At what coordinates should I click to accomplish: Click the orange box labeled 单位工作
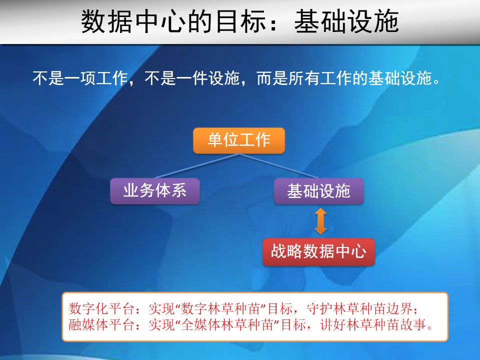pyautogui.click(x=239, y=140)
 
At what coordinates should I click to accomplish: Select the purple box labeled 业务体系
pyautogui.click(x=155, y=191)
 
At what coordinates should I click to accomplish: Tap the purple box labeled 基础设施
pyautogui.click(x=318, y=191)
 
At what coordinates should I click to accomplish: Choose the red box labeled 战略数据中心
pyautogui.click(x=318, y=251)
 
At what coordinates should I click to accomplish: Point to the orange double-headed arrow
pyautogui.click(x=320, y=221)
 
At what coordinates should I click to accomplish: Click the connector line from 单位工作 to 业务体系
pyautogui.click(x=197, y=166)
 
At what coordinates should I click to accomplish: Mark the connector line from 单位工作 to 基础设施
pyautogui.click(x=279, y=166)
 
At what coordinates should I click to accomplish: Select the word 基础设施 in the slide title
pyautogui.click(x=346, y=21)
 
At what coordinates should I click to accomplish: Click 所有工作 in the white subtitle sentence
pyautogui.click(x=320, y=78)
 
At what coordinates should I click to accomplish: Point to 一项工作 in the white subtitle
pyautogui.click(x=96, y=78)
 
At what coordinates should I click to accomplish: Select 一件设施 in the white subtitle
pyautogui.click(x=208, y=78)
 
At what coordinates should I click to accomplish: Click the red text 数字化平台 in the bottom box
pyautogui.click(x=101, y=308)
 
